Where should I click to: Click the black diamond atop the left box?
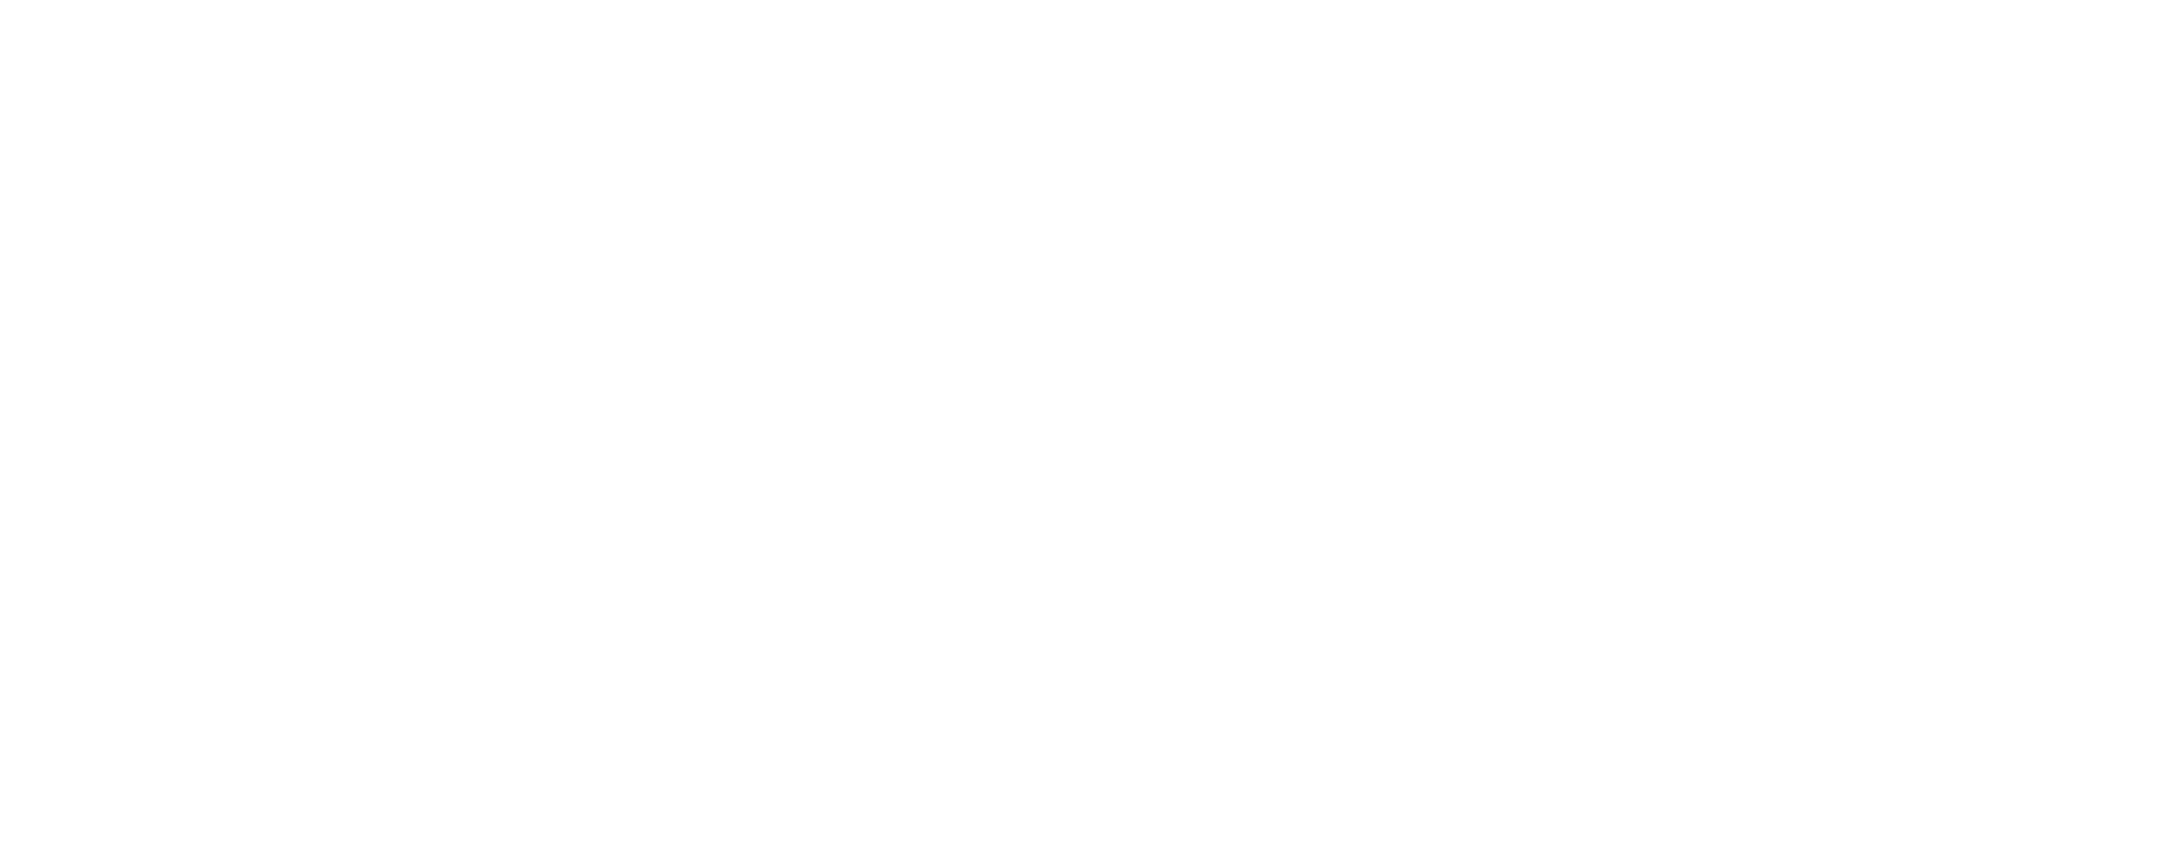(177, 232)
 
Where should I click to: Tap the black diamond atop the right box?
(548, 232)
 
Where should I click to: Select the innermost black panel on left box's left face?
(96, 476)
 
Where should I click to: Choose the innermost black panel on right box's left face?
(467, 476)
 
